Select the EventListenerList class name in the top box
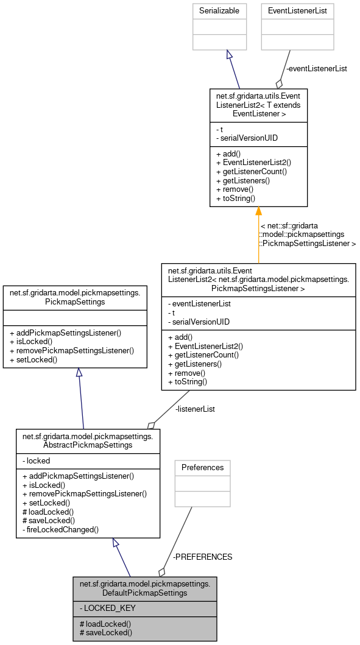[298, 11]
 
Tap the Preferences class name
[203, 468]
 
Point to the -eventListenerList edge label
[316, 69]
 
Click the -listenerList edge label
[195, 409]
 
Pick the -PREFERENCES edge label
[203, 557]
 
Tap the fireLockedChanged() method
[60, 530]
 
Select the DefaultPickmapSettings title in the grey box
[144, 588]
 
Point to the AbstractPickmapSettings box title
[88, 440]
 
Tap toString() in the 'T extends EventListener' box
[236, 198]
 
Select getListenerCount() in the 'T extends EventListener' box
[251, 172]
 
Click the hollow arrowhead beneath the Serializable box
[229, 55]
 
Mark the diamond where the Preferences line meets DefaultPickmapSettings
[162, 571]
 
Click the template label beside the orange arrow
[308, 234]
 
